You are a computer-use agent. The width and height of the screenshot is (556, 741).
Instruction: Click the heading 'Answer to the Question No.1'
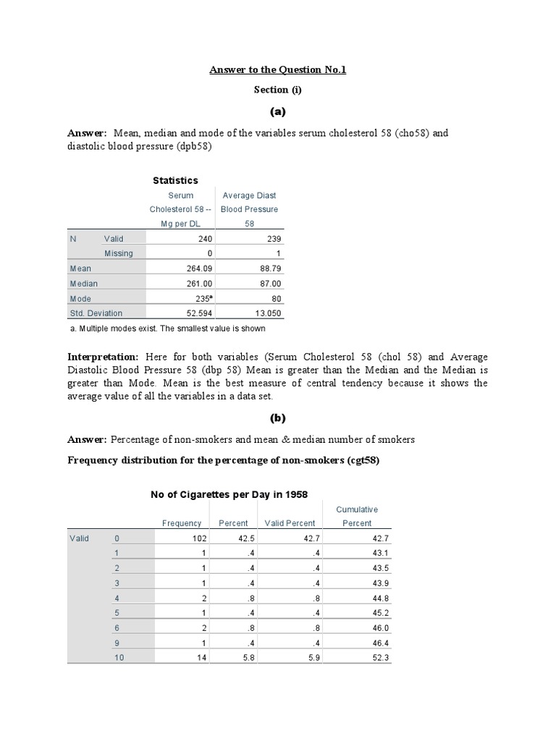tap(278, 69)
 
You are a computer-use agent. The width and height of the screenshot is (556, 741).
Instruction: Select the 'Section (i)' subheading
tap(278, 90)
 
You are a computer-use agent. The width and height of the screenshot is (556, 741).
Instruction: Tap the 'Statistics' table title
tap(175, 180)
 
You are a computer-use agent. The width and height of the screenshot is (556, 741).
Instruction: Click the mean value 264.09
tap(198, 268)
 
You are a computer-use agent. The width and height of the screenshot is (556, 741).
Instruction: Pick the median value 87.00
tap(268, 284)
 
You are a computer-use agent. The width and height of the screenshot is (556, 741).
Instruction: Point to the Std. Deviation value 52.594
tap(196, 313)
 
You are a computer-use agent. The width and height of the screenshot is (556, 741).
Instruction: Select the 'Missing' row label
tap(119, 253)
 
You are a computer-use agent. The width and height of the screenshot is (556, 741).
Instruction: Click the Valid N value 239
tap(274, 239)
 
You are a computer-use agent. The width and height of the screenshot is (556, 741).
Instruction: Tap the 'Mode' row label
tap(80, 299)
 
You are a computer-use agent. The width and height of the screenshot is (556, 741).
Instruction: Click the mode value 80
tap(276, 299)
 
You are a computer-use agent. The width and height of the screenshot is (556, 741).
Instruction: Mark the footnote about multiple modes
tap(167, 329)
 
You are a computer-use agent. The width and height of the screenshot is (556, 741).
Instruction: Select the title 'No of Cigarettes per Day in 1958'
tap(229, 494)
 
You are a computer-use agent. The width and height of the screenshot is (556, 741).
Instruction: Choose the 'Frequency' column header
tap(182, 523)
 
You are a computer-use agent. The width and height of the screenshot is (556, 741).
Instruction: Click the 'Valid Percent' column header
tap(289, 523)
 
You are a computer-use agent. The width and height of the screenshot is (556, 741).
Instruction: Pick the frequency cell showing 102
tap(200, 538)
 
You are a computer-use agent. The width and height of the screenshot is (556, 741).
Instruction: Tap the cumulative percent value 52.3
tap(381, 658)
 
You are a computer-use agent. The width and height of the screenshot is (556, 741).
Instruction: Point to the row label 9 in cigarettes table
tap(117, 643)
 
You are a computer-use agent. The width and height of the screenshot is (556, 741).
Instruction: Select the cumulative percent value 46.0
tap(381, 628)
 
